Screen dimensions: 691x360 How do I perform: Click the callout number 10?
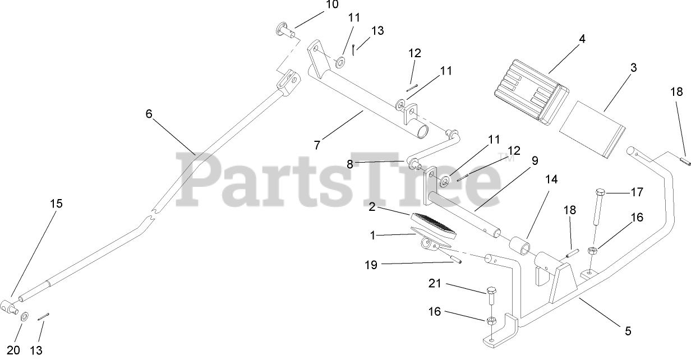[331, 5]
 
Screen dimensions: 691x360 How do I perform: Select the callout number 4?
[582, 39]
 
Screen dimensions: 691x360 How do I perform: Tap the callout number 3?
[633, 68]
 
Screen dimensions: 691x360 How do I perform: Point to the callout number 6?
[149, 114]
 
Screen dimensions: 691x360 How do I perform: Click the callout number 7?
[317, 145]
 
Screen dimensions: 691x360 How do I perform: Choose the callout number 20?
[14, 350]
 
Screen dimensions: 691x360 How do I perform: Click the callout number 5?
[628, 331]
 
